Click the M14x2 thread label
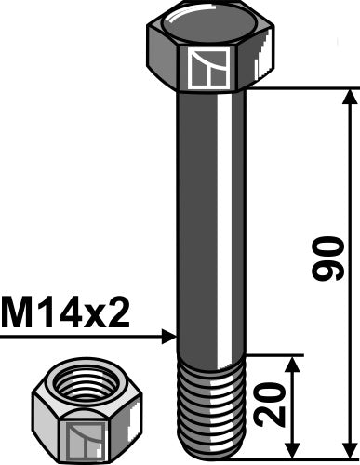[x=65, y=314]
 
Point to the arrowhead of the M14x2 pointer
[x=170, y=335]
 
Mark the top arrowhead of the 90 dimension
[x=350, y=95]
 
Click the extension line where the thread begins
[x=274, y=354]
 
